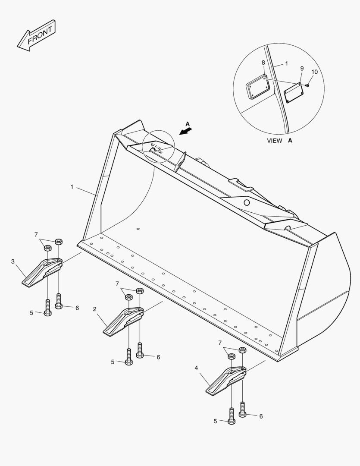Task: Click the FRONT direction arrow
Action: coord(36,35)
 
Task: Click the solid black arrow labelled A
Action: coord(186,131)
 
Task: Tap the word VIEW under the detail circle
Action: coord(275,141)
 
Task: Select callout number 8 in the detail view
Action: coord(263,63)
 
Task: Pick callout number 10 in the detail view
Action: coord(315,72)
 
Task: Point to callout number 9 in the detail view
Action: coord(302,69)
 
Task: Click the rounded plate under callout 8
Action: coord(258,86)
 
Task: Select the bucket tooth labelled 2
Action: coord(123,321)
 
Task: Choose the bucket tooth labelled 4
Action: coord(226,381)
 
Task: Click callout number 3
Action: coord(13,261)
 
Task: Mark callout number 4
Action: coord(196,368)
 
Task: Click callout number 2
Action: coord(94,309)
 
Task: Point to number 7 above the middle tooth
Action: coord(117,284)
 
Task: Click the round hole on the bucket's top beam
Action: coord(246,203)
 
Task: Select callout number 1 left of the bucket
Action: coord(72,187)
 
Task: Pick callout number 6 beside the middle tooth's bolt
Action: coord(158,357)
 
